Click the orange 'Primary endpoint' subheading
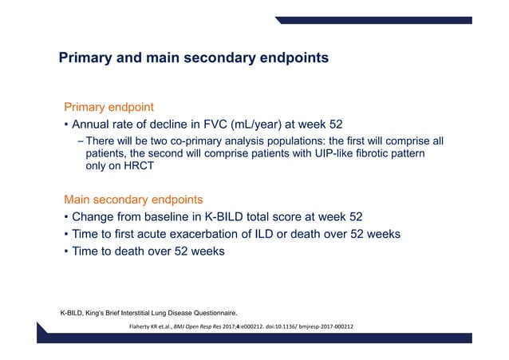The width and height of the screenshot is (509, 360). pyautogui.click(x=109, y=107)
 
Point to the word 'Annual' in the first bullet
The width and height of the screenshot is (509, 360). pyautogui.click(x=93, y=125)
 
